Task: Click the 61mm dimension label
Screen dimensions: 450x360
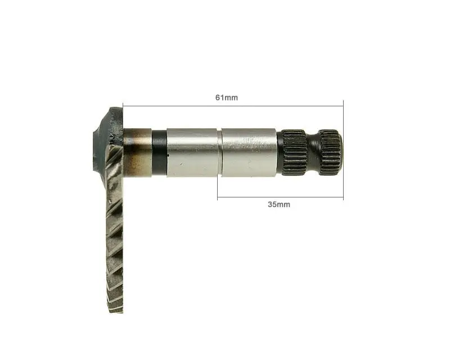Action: point(227,98)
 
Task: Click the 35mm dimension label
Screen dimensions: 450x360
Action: point(279,204)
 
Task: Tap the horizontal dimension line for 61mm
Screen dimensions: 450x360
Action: point(233,106)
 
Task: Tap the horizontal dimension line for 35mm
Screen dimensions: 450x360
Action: point(280,197)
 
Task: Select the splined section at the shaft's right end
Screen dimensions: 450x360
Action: point(331,153)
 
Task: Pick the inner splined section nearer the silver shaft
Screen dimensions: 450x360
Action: point(294,152)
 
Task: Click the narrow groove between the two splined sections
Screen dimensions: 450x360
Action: point(313,152)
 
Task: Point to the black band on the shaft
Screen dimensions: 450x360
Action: point(159,153)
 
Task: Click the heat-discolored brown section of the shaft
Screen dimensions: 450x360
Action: point(137,152)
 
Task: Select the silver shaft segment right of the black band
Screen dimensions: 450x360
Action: point(192,152)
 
